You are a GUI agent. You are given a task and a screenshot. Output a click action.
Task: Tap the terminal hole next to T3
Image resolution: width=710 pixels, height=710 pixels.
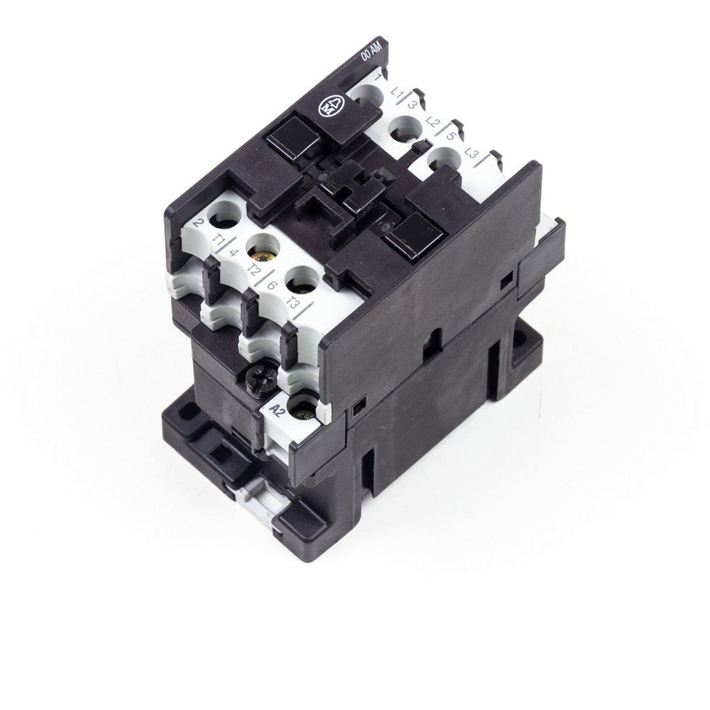click(x=302, y=279)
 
